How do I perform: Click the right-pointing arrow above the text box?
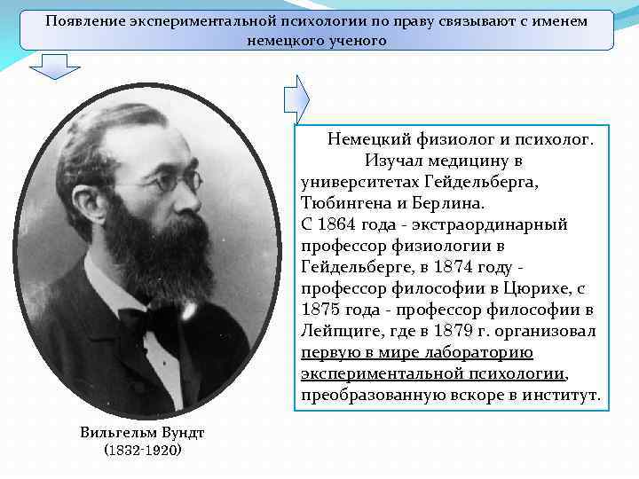[296, 96]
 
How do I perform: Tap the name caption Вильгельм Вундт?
[142, 432]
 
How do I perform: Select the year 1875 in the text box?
[322, 310]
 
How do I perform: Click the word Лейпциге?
[339, 331]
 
